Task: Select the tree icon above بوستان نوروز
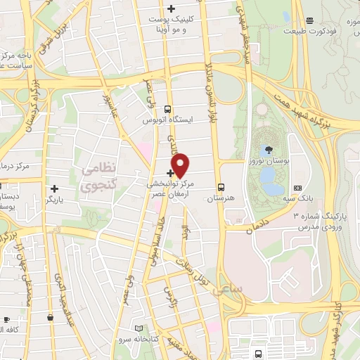[270, 150]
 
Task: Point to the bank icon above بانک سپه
[297, 188]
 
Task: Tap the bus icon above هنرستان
[221, 188]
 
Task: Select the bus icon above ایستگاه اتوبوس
[167, 109]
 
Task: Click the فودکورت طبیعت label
[309, 32]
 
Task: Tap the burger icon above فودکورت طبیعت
[309, 20]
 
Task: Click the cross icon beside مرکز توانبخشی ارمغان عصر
[170, 172]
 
